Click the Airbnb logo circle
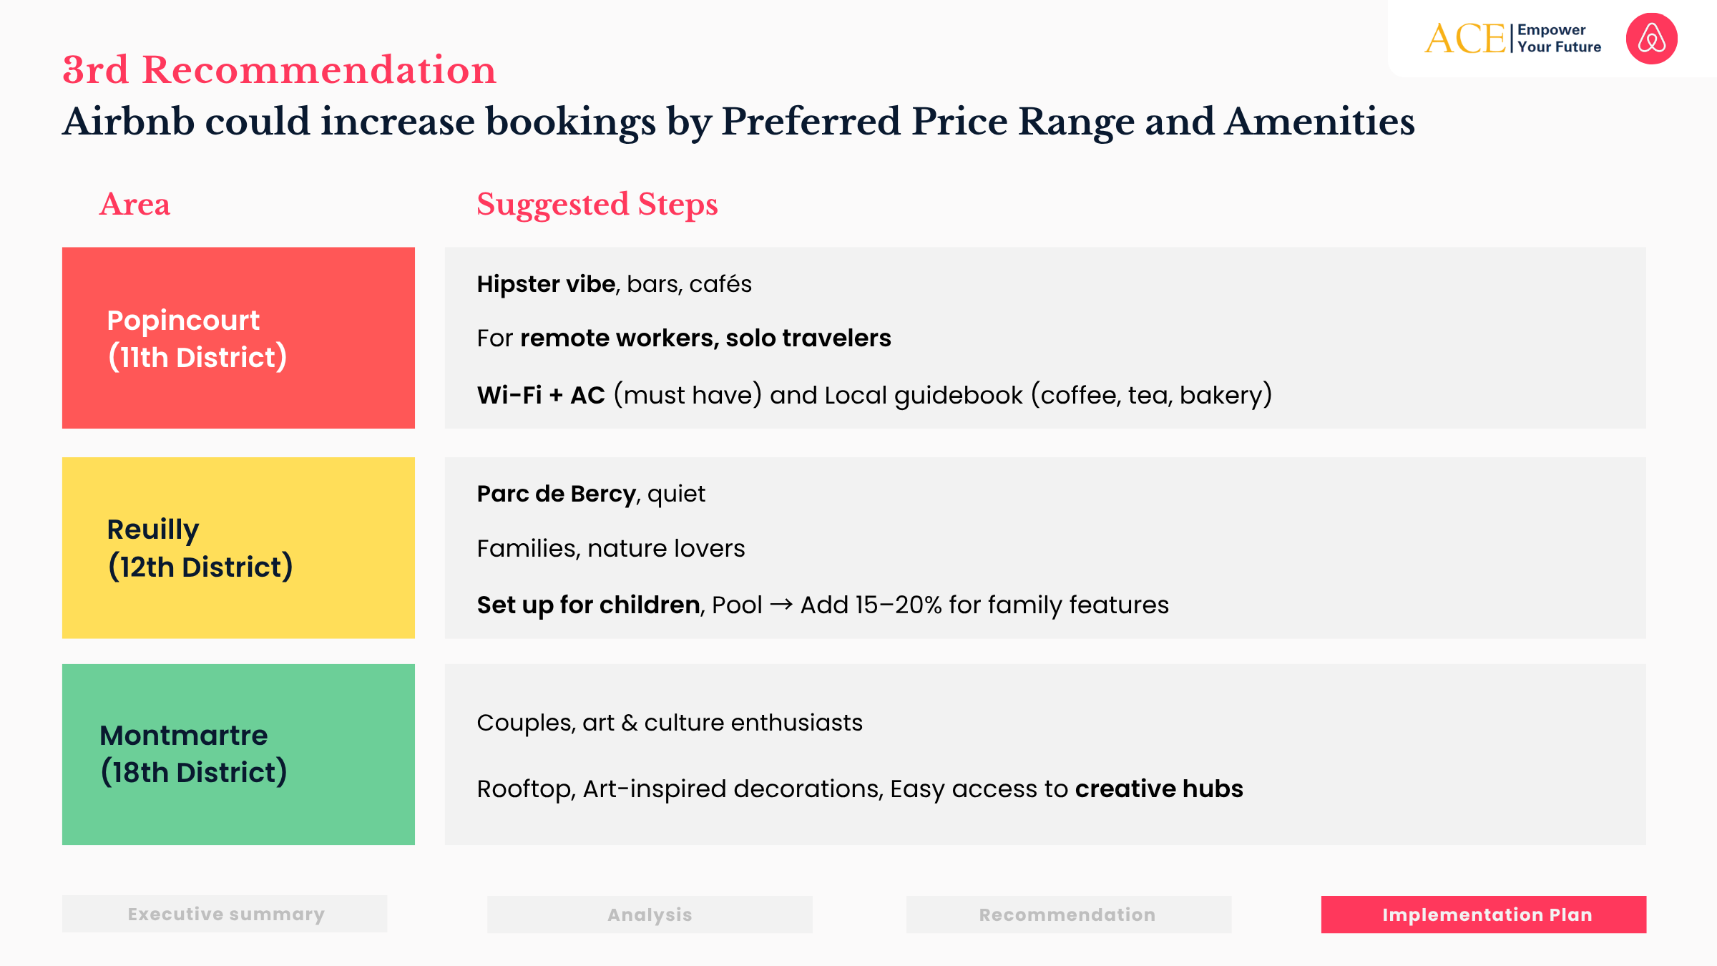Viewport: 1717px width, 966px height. (x=1651, y=39)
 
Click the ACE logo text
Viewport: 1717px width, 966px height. (x=1464, y=39)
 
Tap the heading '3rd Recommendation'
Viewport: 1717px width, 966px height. (x=279, y=70)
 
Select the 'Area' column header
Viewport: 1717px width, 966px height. (x=134, y=205)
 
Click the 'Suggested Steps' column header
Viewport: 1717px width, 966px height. (x=597, y=205)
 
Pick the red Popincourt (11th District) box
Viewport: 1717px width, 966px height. (x=238, y=338)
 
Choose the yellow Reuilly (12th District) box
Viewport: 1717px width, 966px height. (x=238, y=547)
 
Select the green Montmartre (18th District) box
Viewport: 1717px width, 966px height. (x=238, y=754)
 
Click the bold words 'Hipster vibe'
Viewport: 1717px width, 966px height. (x=546, y=284)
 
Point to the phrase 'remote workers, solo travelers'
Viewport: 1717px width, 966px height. (x=705, y=338)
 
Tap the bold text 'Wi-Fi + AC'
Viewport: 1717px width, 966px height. (x=541, y=395)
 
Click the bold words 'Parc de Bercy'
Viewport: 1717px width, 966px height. (x=556, y=494)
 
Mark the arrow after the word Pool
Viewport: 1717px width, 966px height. (x=781, y=605)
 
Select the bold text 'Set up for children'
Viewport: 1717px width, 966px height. (x=588, y=605)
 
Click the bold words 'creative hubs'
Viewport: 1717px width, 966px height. (x=1158, y=789)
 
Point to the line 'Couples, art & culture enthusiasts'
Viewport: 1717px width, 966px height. (x=670, y=723)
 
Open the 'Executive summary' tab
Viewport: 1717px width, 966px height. (x=225, y=914)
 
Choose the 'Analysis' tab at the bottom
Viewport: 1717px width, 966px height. (x=650, y=914)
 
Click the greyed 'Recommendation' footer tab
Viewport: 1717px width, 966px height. (x=1068, y=914)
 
